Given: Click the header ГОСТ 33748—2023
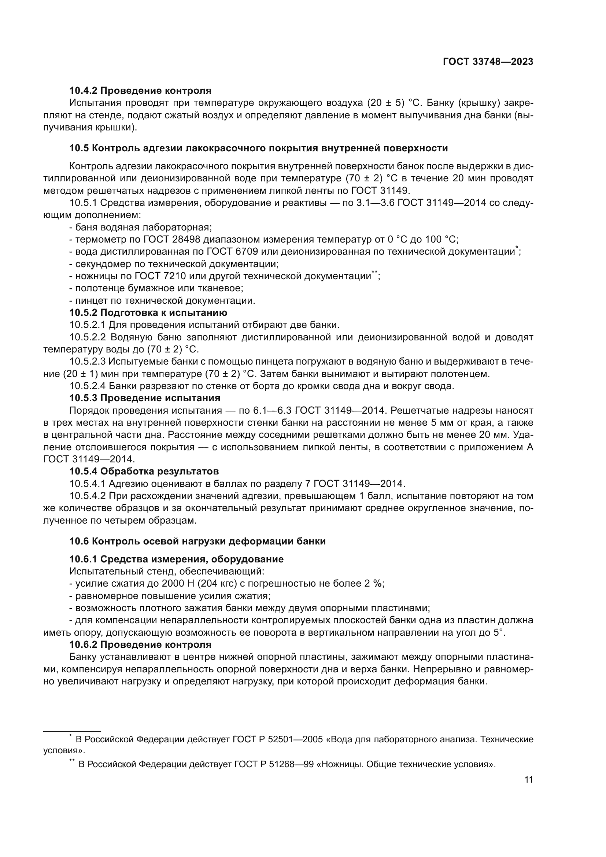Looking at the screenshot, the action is tap(488, 62).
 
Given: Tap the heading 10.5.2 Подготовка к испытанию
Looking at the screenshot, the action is tap(148, 313).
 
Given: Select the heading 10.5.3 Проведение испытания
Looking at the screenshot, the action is tap(145, 398).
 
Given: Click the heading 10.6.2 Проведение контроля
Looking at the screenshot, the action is tap(140, 644).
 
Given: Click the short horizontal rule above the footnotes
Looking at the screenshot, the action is tap(73, 731).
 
